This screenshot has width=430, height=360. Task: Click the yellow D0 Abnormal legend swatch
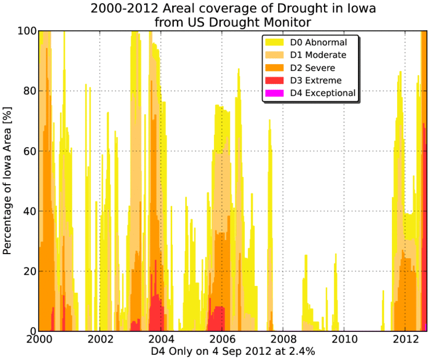click(x=274, y=42)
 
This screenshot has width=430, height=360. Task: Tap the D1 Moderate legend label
click(x=318, y=55)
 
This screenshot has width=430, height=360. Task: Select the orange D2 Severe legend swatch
click(x=274, y=68)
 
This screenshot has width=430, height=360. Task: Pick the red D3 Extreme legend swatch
click(x=274, y=80)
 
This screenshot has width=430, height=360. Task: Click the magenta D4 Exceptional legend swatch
click(x=274, y=93)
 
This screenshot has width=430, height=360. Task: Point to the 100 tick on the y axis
click(x=27, y=31)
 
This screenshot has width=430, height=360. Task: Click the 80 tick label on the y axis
click(x=30, y=91)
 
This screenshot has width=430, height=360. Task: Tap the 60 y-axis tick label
click(x=30, y=151)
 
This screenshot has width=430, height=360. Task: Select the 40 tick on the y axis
click(x=30, y=211)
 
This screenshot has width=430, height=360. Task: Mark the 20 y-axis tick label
click(x=30, y=271)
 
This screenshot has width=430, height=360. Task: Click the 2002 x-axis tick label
click(x=100, y=339)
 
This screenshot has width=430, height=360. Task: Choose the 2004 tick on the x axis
click(x=162, y=339)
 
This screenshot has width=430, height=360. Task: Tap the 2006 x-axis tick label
click(x=222, y=339)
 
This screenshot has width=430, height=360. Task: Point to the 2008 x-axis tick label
click(x=283, y=339)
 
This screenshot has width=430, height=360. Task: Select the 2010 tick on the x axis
click(x=345, y=339)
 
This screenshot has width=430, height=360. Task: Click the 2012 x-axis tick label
click(x=406, y=339)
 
